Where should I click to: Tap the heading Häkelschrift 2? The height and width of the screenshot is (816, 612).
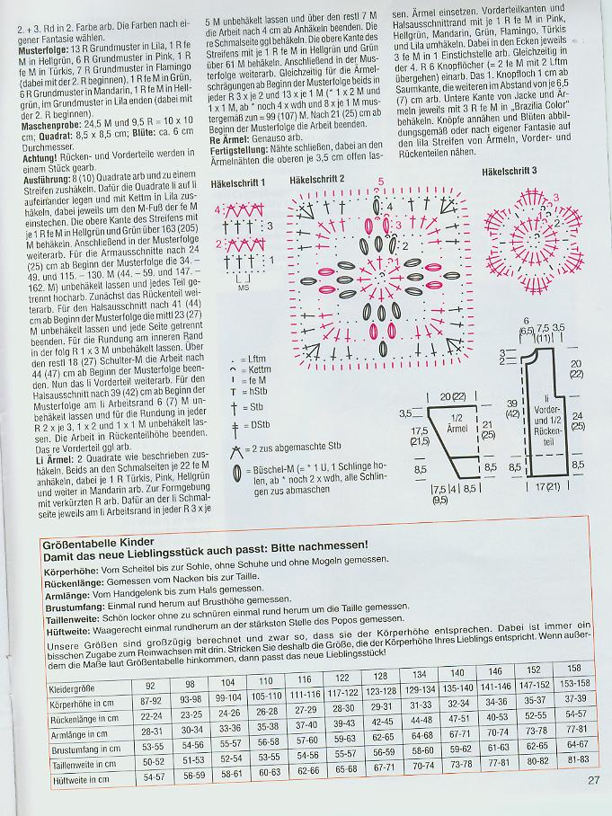(317, 180)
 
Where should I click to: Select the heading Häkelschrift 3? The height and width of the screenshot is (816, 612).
(510, 170)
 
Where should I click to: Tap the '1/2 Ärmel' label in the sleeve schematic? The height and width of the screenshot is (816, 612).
(456, 424)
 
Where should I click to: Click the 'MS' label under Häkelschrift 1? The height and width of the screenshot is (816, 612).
(243, 288)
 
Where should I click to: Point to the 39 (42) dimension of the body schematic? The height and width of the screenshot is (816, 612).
(513, 409)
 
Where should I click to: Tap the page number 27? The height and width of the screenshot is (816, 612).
(594, 781)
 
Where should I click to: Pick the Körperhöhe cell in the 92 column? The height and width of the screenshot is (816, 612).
(154, 700)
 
